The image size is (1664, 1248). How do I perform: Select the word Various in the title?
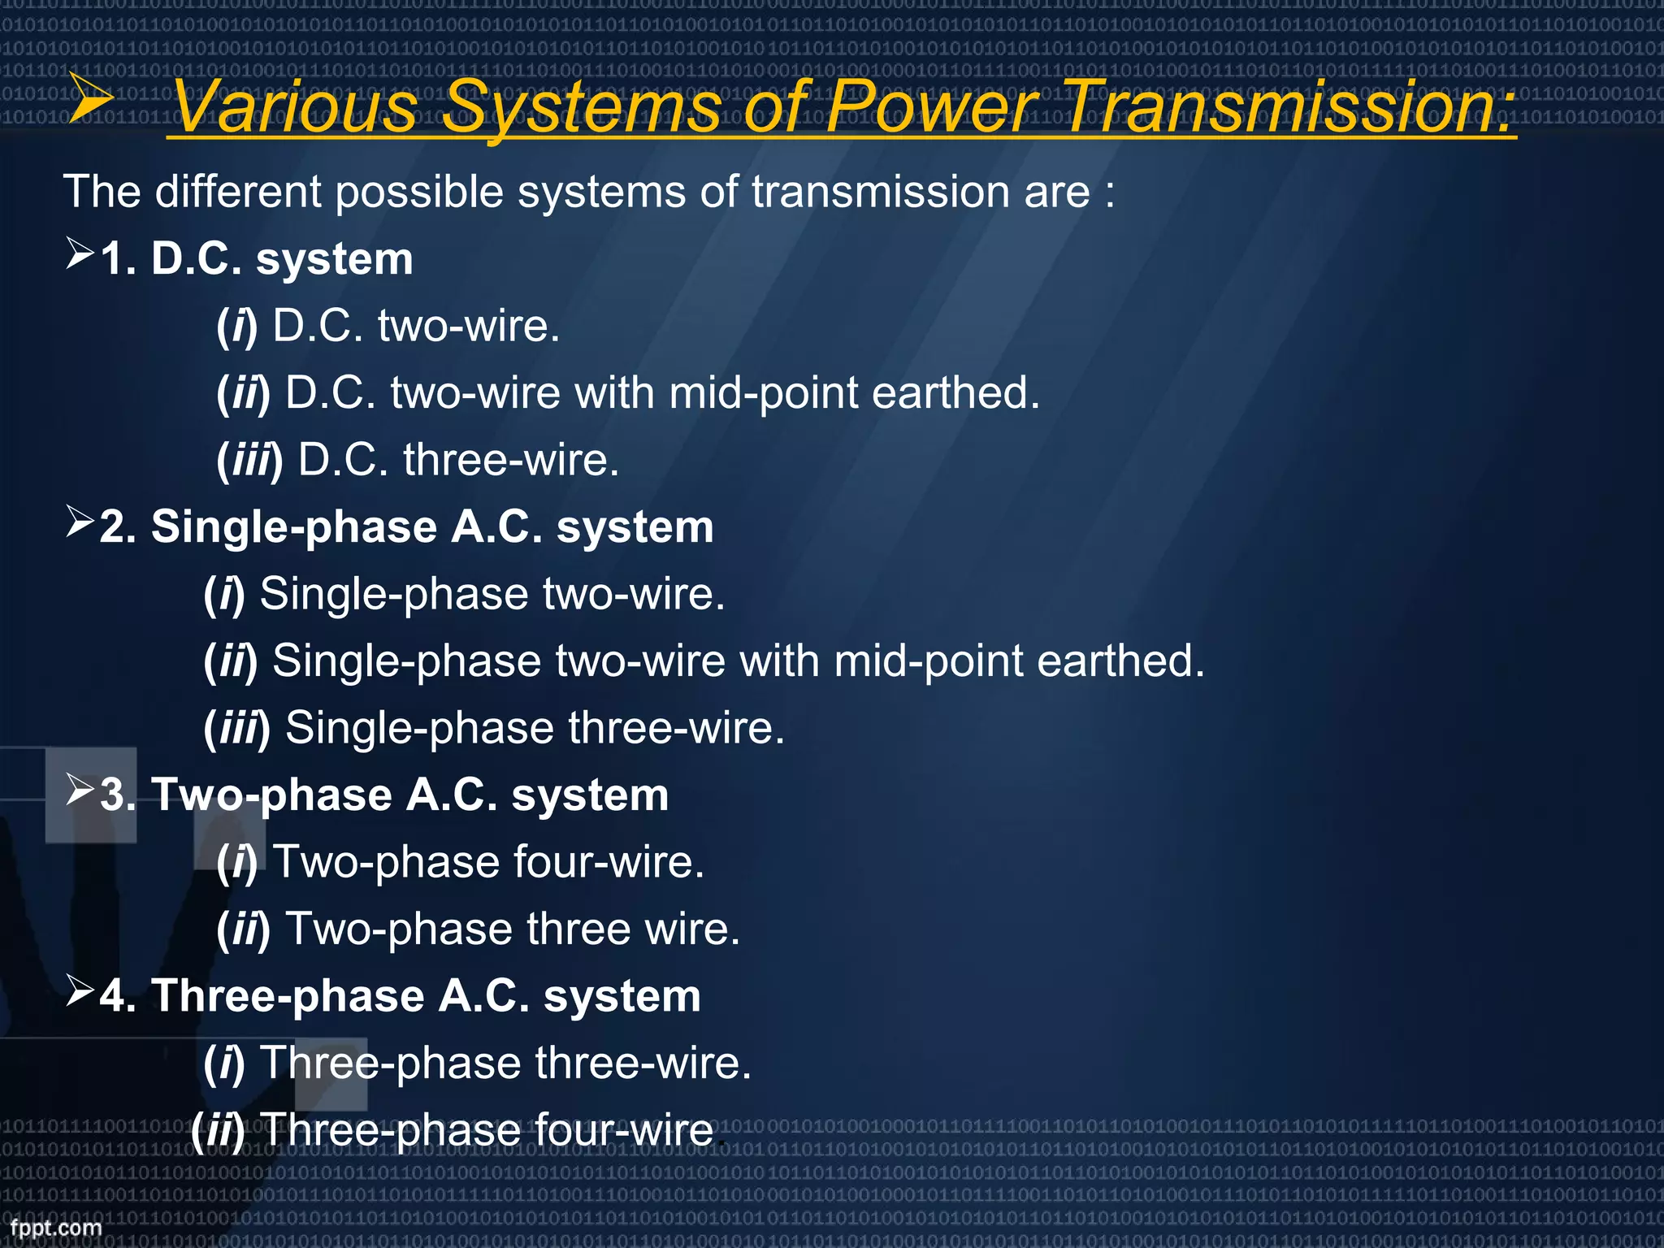(296, 107)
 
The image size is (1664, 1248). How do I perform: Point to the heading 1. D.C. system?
(257, 260)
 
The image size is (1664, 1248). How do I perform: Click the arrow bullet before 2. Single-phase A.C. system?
(80, 522)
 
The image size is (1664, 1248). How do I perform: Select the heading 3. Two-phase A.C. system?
(384, 795)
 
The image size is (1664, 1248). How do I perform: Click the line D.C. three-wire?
(458, 460)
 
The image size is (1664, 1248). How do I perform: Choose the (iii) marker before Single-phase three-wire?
(236, 728)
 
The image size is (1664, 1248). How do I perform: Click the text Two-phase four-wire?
(487, 862)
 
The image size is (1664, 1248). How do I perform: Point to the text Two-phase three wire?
(513, 929)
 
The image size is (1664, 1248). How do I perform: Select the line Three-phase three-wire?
(505, 1063)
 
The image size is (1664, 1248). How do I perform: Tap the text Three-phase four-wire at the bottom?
(487, 1130)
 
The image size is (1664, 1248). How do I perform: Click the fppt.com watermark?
(55, 1228)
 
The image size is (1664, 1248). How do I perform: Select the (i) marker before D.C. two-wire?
(236, 327)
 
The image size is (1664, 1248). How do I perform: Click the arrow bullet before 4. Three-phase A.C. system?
(80, 990)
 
